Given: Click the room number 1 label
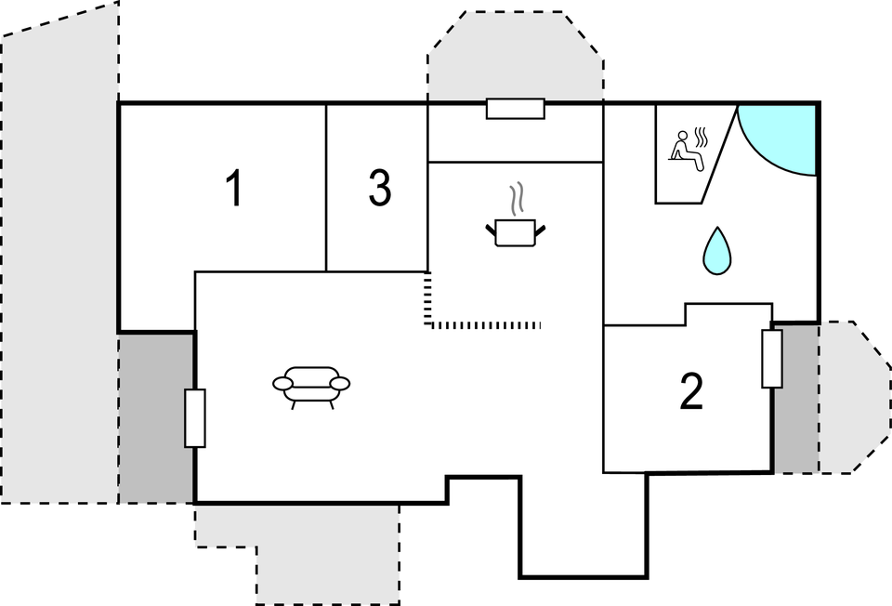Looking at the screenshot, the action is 234,188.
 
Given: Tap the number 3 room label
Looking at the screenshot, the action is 380,188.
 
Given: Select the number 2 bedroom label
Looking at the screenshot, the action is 691,391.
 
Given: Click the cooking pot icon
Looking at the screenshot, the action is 516,232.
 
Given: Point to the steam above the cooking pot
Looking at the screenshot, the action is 517,199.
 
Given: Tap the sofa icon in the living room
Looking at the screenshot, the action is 311,387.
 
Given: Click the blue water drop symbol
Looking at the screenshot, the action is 717,251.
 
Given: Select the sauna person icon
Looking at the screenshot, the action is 688,150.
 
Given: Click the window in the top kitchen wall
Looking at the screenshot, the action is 516,109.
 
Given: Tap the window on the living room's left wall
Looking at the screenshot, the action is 195,418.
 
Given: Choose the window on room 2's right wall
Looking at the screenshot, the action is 772,359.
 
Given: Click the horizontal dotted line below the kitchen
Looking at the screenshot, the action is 483,325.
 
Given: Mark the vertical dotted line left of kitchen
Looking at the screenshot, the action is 427,298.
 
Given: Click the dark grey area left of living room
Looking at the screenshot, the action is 156,418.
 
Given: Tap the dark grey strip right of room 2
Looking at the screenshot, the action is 796,399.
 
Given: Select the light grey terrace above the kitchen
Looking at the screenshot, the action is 516,57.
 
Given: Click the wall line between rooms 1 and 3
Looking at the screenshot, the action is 326,188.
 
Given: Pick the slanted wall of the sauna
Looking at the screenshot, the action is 720,153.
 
